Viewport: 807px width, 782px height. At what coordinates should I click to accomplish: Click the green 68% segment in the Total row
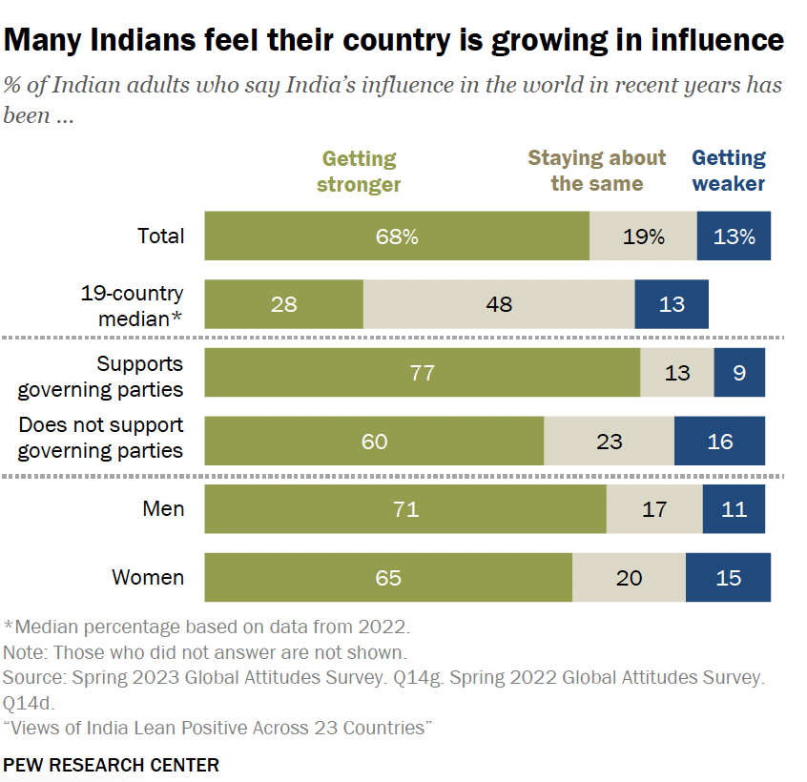[397, 237]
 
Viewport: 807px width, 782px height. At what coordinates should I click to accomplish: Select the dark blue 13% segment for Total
[734, 237]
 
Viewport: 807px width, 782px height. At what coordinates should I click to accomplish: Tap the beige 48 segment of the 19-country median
[499, 304]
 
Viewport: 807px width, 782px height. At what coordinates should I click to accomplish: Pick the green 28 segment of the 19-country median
[284, 304]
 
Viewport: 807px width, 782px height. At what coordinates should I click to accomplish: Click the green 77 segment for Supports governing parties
[422, 373]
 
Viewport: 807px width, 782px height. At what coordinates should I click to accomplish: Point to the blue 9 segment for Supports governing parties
[739, 373]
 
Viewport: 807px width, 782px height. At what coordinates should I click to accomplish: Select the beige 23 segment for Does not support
[609, 442]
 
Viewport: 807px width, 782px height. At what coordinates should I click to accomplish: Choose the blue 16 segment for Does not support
[720, 442]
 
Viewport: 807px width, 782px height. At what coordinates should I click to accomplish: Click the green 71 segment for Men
[405, 509]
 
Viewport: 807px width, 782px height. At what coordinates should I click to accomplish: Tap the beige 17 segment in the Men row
[654, 509]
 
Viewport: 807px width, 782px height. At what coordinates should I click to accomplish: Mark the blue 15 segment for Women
[728, 578]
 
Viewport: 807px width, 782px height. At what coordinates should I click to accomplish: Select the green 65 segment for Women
[388, 578]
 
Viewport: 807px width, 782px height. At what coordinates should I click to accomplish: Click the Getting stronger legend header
[360, 171]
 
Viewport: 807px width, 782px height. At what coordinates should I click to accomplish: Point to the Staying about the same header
[597, 171]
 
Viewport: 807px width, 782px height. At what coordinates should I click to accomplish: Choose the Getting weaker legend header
[729, 171]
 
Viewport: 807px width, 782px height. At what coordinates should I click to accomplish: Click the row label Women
[148, 578]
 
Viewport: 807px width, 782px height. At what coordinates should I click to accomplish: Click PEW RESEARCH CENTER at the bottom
[111, 765]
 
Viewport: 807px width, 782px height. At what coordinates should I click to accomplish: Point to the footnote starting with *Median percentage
[206, 628]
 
